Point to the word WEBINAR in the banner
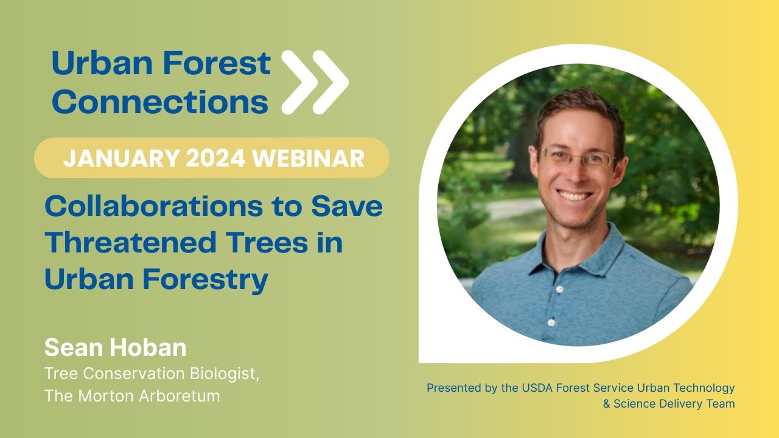(309, 158)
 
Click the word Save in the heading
(347, 207)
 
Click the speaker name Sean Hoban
(115, 347)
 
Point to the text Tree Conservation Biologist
(152, 374)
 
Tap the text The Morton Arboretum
(131, 396)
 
